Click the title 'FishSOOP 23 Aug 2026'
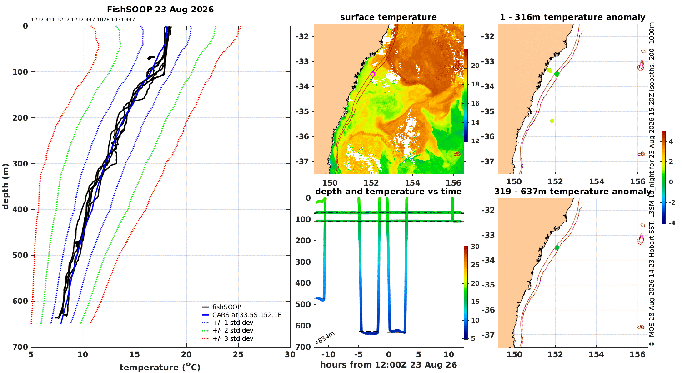[160, 10]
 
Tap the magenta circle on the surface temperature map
[373, 74]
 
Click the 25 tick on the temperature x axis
[238, 354]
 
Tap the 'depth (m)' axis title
[5, 186]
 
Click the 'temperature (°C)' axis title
[160, 367]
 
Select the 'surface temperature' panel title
[388, 17]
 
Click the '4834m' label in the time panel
[325, 338]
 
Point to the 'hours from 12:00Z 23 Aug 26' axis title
[388, 364]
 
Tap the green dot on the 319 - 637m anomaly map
[557, 247]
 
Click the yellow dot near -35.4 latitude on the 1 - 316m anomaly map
[552, 121]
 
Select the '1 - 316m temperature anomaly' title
[572, 17]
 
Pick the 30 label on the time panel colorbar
[475, 247]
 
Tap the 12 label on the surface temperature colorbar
[475, 141]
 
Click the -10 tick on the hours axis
[328, 354]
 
